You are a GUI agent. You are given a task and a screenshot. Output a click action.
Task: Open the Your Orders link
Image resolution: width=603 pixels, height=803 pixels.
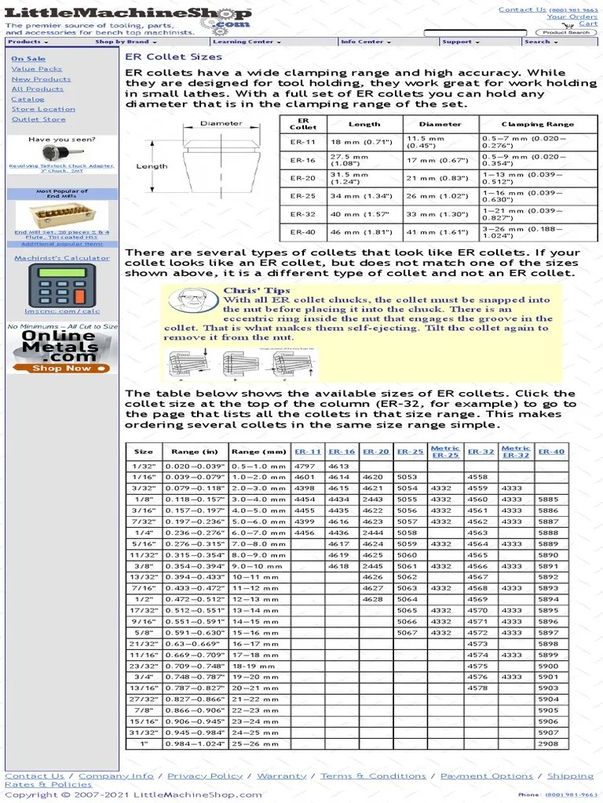[572, 16]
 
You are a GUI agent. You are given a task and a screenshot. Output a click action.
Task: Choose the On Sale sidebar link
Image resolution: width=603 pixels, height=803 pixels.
[27, 59]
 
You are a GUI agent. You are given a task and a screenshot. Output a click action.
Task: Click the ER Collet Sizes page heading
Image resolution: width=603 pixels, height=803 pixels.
[174, 57]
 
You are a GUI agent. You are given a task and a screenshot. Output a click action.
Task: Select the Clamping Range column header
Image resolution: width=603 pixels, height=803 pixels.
[537, 124]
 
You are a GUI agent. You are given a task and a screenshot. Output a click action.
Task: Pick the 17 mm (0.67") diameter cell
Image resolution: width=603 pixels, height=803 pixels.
[440, 161]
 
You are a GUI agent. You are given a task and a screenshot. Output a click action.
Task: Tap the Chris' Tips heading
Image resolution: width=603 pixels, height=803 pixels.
[246, 291]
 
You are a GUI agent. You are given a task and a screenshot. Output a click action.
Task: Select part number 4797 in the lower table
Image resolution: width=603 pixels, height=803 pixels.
[305, 466]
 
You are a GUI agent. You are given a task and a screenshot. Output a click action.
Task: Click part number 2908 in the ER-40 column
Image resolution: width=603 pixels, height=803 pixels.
[548, 743]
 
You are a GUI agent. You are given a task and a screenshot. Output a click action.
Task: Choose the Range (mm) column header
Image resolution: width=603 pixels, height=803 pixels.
[259, 452]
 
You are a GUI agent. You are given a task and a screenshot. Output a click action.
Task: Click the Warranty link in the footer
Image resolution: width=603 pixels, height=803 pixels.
[281, 776]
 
